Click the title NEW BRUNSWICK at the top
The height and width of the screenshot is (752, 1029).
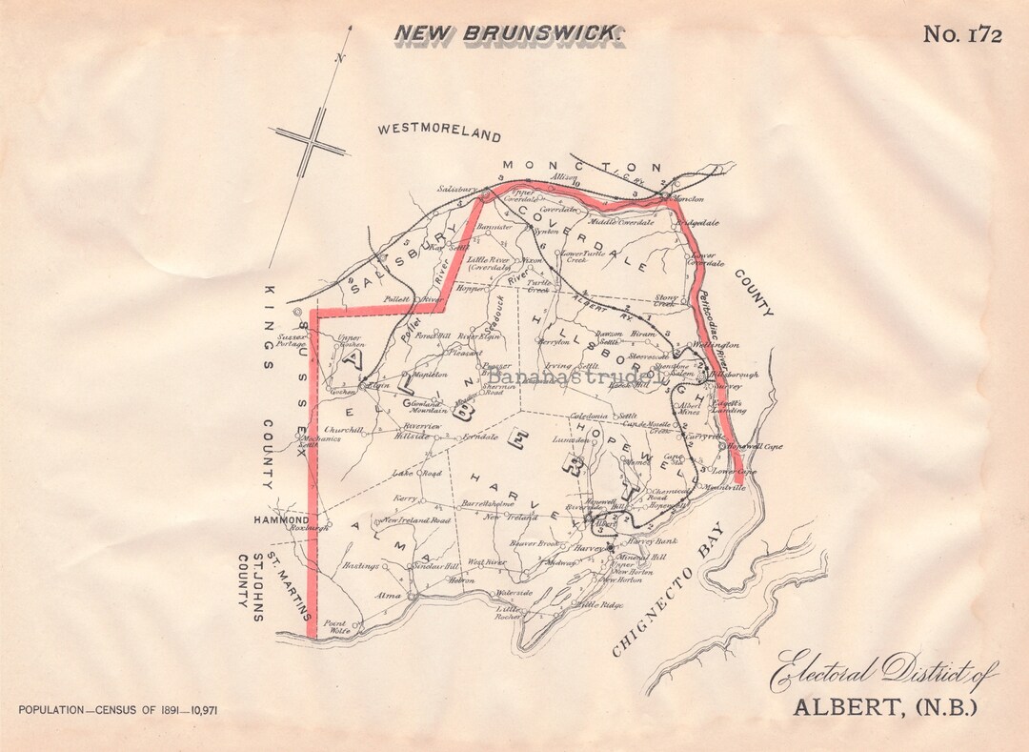tap(509, 34)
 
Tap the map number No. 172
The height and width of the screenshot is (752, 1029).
tap(962, 35)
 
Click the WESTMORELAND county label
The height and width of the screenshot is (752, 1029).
tap(438, 132)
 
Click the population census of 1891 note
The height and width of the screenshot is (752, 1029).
tap(119, 710)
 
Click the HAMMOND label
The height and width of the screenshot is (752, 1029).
tap(280, 520)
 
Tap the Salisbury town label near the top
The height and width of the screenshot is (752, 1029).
tap(455, 190)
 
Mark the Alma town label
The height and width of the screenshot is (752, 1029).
tap(389, 595)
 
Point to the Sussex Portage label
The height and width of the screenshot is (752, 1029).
tap(292, 341)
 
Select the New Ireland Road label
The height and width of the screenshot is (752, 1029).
tap(415, 520)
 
